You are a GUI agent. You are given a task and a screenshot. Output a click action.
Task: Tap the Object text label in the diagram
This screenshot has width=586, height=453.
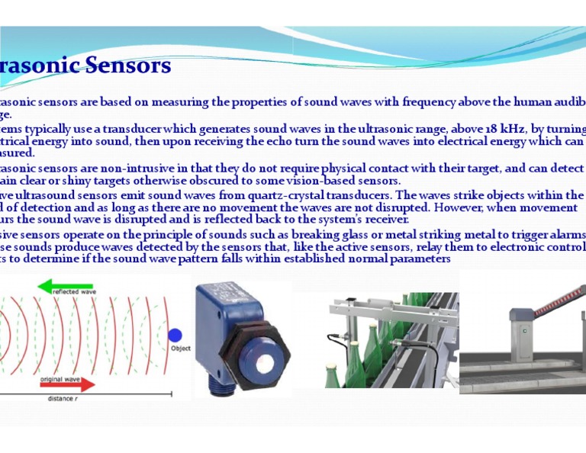[181, 349]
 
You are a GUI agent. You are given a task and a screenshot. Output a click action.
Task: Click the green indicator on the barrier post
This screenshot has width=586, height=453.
[525, 330]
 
